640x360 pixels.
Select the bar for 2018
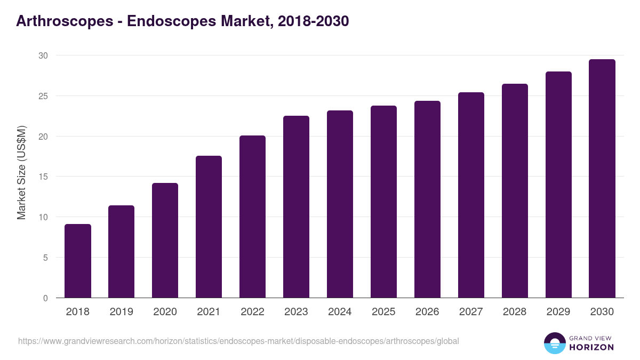click(x=78, y=261)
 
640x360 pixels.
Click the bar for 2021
click(x=209, y=227)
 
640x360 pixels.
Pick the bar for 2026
click(x=427, y=199)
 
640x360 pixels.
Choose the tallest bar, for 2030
click(x=602, y=179)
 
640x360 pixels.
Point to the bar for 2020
click(x=165, y=241)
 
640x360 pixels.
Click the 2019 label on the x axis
click(x=122, y=312)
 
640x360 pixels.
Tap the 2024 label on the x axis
click(x=340, y=312)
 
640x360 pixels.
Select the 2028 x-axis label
click(x=515, y=312)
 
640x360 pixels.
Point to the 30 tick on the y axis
click(x=43, y=55)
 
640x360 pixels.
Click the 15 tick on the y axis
click(x=43, y=177)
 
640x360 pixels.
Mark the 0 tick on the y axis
click(x=45, y=298)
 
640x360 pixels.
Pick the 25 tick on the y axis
click(x=43, y=96)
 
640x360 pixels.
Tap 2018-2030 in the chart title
click(x=314, y=21)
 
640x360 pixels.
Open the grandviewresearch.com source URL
click(x=238, y=341)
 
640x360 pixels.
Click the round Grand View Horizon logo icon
click(x=555, y=343)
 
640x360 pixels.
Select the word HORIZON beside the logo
click(x=592, y=347)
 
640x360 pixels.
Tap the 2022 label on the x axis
click(x=252, y=312)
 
